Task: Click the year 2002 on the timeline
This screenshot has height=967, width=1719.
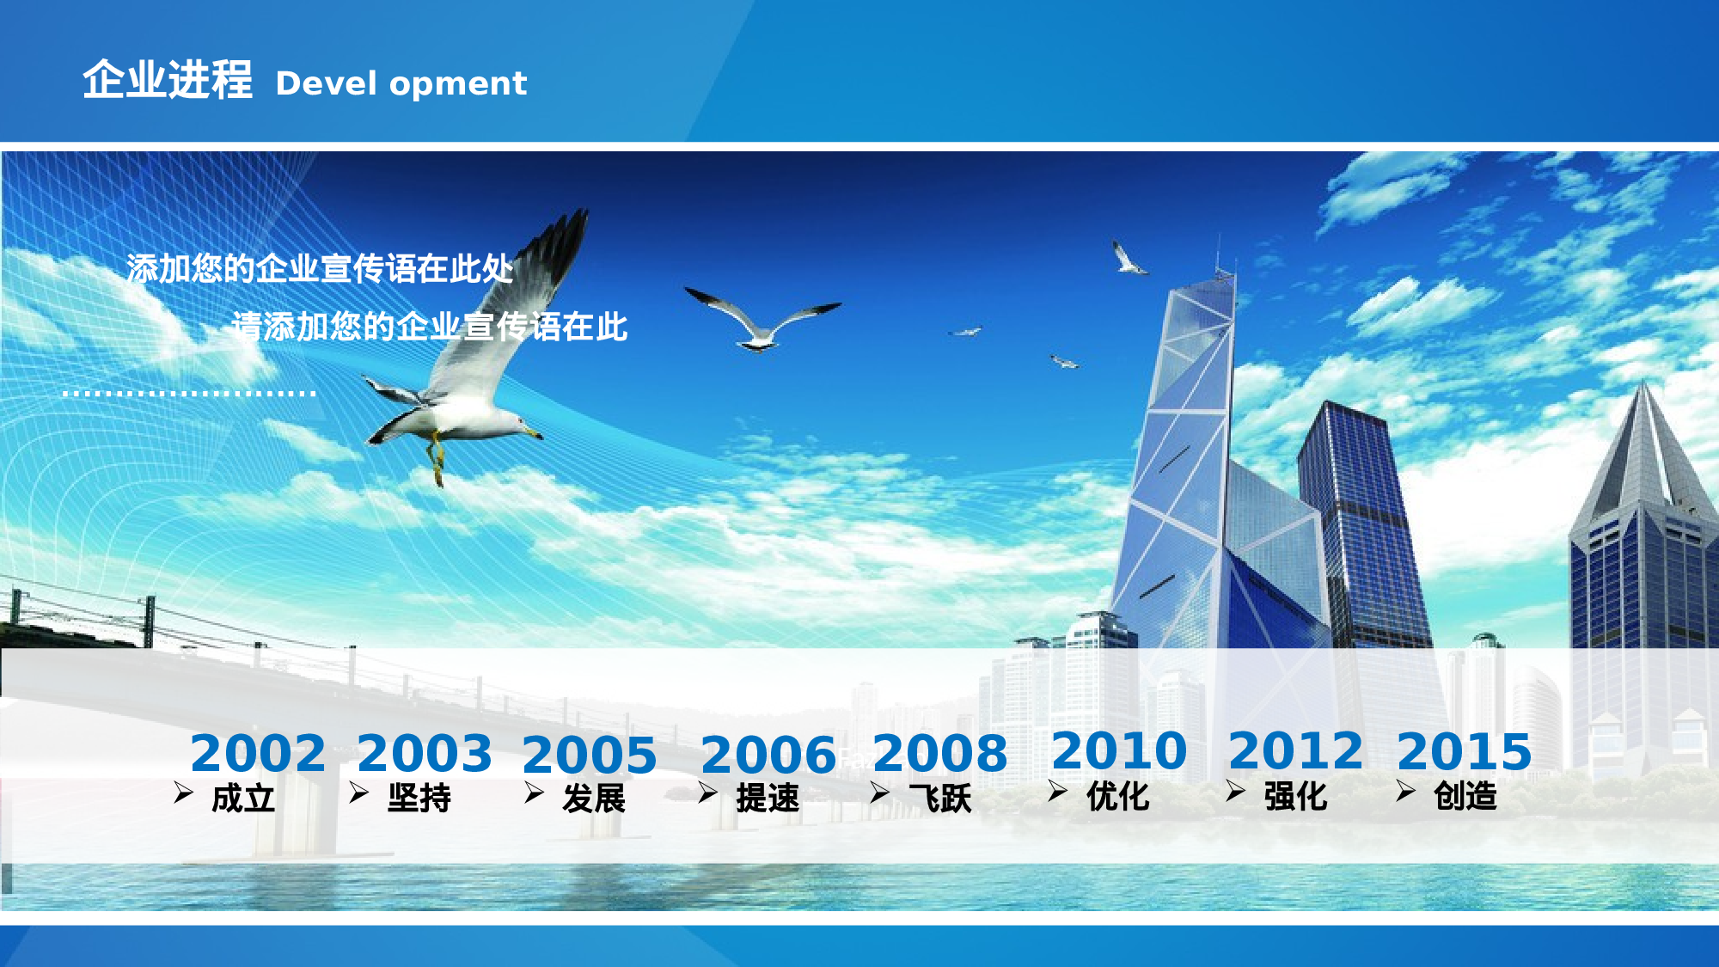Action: [258, 754]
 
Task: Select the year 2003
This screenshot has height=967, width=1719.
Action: [425, 754]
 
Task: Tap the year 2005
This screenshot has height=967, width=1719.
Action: [590, 756]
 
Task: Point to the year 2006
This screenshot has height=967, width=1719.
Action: [768, 756]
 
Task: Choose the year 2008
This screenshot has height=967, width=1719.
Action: [940, 754]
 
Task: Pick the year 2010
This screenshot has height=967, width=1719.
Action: [1119, 751]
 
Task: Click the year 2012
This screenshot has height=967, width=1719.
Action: [1296, 751]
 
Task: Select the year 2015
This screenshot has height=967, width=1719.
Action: [1465, 751]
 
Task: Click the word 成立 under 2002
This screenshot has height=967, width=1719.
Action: [243, 799]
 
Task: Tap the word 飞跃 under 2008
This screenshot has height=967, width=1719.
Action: [940, 799]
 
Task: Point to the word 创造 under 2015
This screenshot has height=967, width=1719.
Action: [1465, 796]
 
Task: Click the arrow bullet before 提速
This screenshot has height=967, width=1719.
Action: [707, 793]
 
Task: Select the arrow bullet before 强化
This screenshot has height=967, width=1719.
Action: [1235, 791]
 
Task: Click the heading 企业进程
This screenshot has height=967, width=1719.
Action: [168, 80]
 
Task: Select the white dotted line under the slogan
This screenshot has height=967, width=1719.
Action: [189, 394]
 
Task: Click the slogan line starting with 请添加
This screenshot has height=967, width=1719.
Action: [430, 327]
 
